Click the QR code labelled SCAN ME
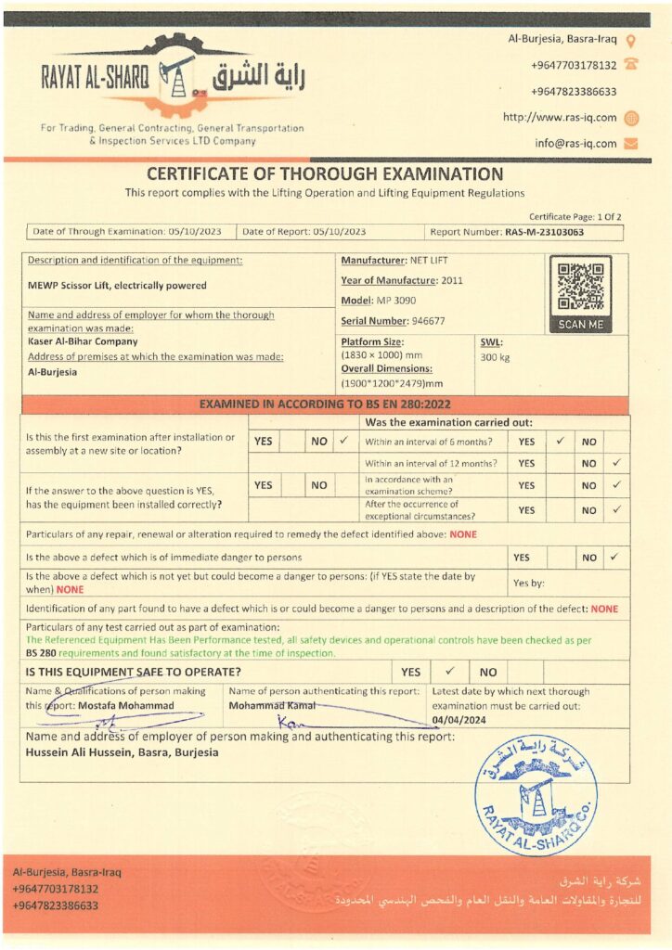(x=580, y=288)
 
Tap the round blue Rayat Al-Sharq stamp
(x=536, y=794)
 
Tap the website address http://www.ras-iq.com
(x=560, y=118)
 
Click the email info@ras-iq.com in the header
(x=575, y=144)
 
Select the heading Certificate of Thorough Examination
(x=325, y=174)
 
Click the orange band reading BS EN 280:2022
(x=325, y=404)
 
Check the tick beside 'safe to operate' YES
(x=449, y=671)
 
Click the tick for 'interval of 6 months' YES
(x=560, y=442)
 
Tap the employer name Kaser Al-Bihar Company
(x=83, y=341)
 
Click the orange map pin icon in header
(x=631, y=41)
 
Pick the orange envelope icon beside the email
(x=631, y=144)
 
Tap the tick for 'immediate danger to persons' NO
(x=615, y=558)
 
